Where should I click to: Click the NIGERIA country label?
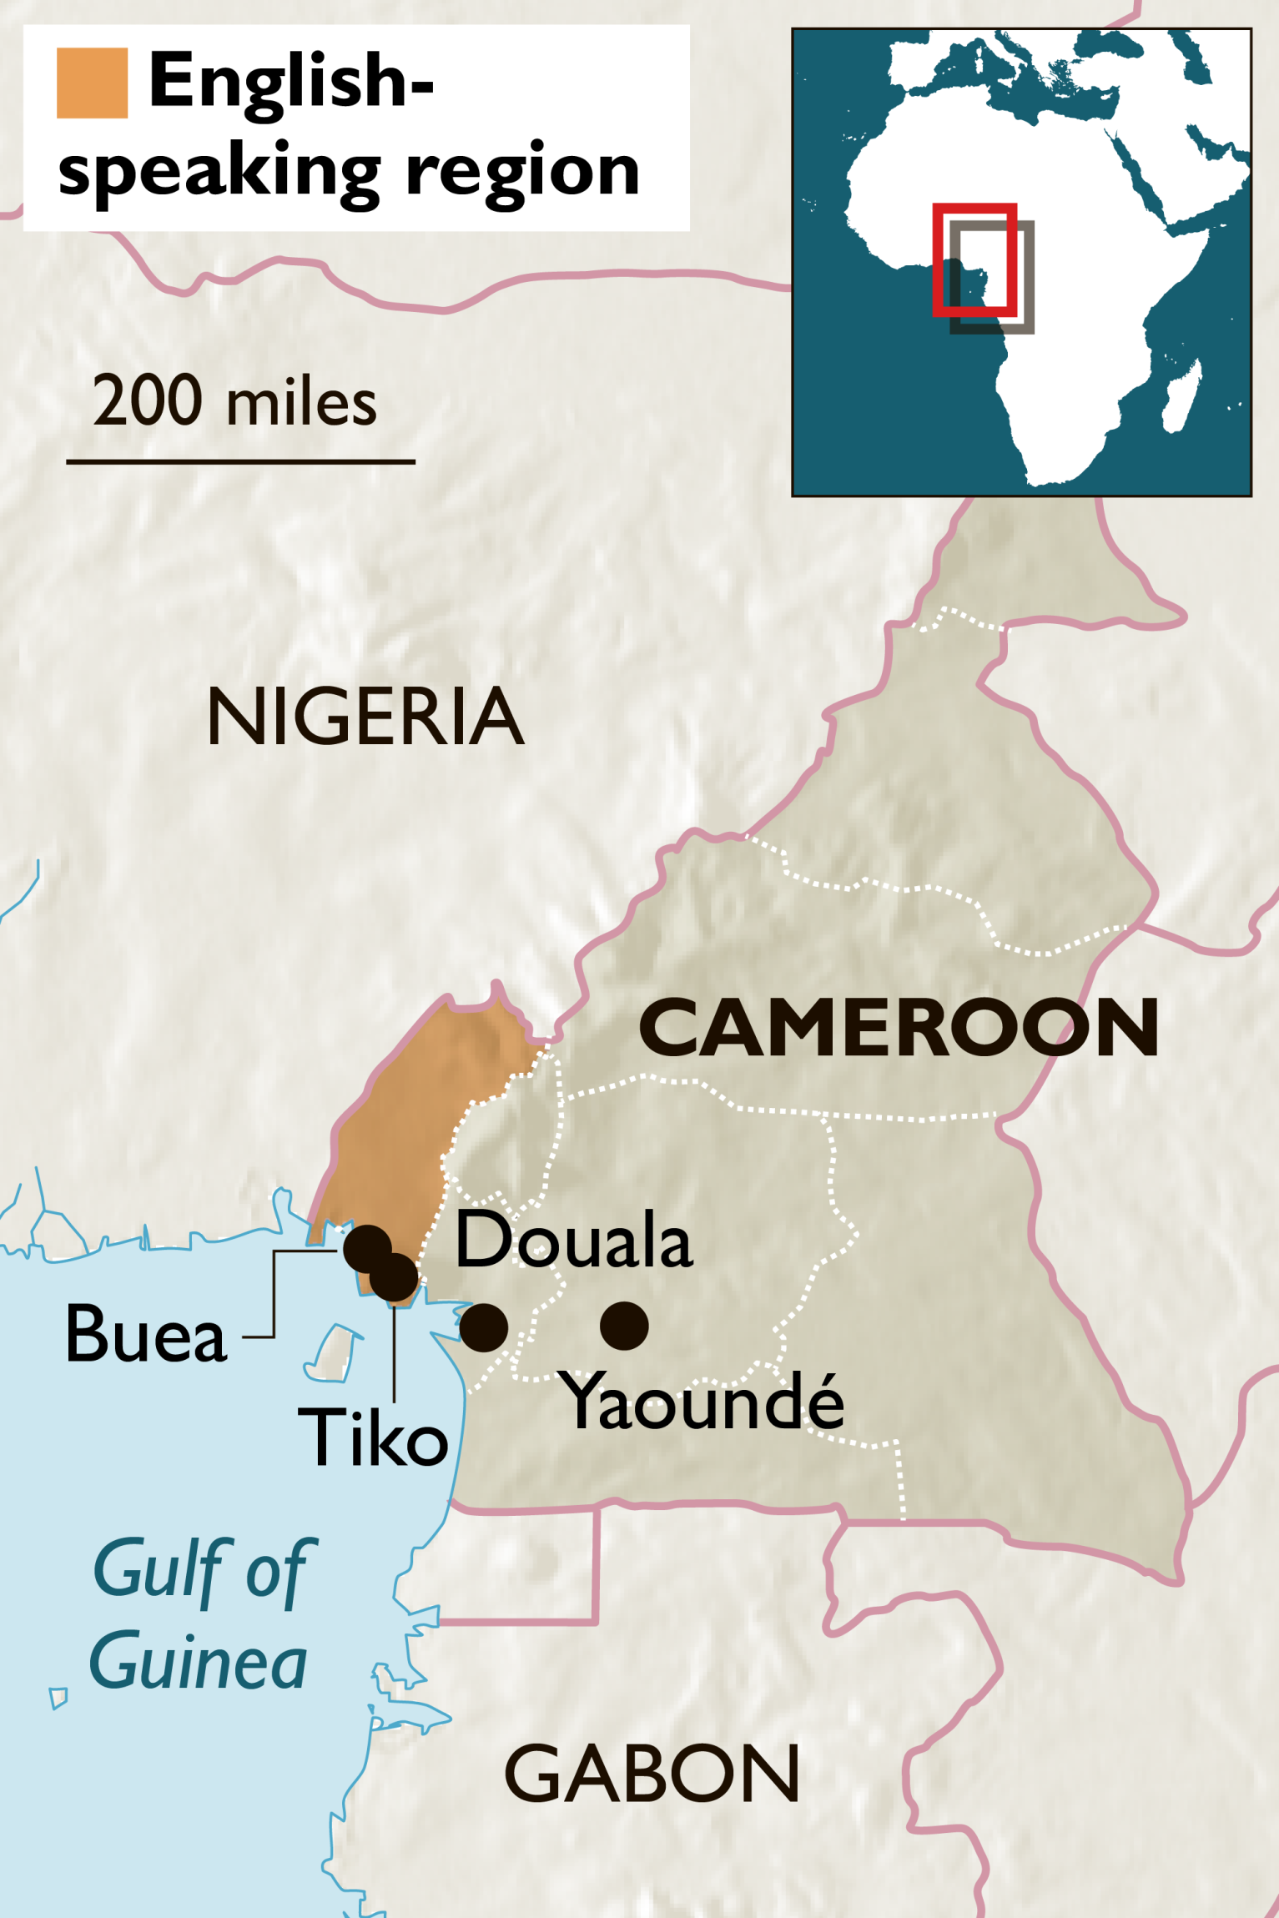365,717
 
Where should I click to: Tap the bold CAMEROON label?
898,1027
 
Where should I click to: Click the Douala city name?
574,1241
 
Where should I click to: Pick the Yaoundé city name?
703,1402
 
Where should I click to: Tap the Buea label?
146,1334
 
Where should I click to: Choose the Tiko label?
374,1437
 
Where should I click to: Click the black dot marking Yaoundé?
624,1326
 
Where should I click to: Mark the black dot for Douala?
484,1327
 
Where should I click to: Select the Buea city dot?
367,1248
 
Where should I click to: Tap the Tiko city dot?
394,1277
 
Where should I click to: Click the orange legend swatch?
92,83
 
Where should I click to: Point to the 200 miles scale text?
234,401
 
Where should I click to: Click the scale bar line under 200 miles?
240,461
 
